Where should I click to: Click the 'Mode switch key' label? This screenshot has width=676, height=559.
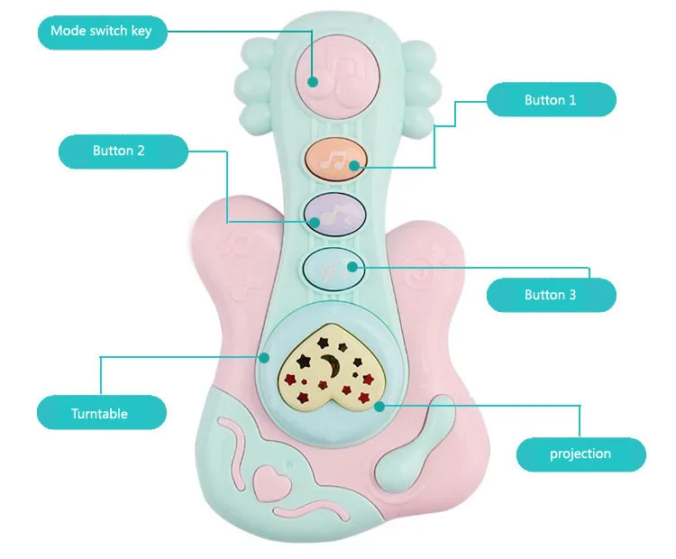coord(101,31)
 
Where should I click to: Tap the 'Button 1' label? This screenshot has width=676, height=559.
coord(551,100)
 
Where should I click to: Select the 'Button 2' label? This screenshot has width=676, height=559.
coord(118,151)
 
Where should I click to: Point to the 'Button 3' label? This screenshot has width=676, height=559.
coord(551,295)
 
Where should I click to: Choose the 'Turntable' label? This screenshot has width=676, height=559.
coord(100,414)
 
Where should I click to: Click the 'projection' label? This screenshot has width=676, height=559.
coord(580,454)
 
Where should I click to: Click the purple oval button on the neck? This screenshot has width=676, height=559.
coord(335,214)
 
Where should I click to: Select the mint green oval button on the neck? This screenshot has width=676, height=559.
coord(334,267)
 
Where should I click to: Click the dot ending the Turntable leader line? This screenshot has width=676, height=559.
coord(264,357)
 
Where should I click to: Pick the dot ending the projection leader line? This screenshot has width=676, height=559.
coord(379,406)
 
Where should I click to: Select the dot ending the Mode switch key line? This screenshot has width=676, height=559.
coord(313,82)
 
